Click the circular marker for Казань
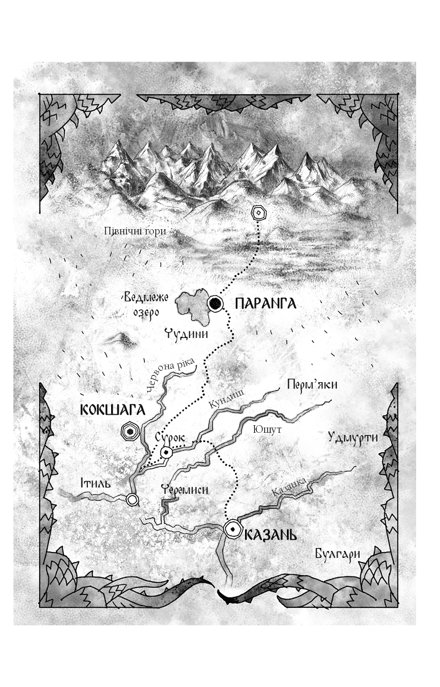point(233,528)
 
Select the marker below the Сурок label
point(167,452)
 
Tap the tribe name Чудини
point(186,334)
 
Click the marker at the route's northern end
point(257,213)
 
